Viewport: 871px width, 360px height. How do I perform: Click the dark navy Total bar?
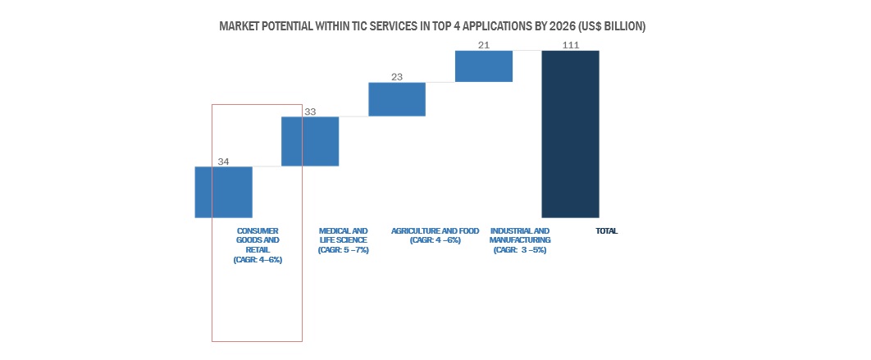[x=570, y=134]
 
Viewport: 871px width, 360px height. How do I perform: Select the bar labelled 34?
[x=223, y=192]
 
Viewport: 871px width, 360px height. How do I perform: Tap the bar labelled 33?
[x=310, y=141]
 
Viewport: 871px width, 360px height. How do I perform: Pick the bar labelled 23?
[x=397, y=99]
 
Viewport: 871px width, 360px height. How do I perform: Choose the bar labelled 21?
[x=484, y=66]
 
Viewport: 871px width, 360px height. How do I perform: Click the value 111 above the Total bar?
[x=571, y=45]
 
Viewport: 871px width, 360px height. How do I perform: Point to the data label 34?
[x=223, y=161]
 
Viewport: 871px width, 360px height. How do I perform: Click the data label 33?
[x=310, y=111]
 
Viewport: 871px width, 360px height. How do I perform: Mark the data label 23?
[x=397, y=77]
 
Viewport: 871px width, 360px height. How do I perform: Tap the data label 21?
[x=484, y=45]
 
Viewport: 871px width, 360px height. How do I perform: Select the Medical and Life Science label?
[x=343, y=235]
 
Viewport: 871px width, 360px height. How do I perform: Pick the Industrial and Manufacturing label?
[x=520, y=235]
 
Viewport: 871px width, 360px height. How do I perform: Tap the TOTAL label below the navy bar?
[x=606, y=231]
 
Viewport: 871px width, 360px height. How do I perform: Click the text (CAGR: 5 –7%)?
[x=343, y=250]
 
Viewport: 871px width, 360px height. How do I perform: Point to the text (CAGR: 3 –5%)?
[x=520, y=250]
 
